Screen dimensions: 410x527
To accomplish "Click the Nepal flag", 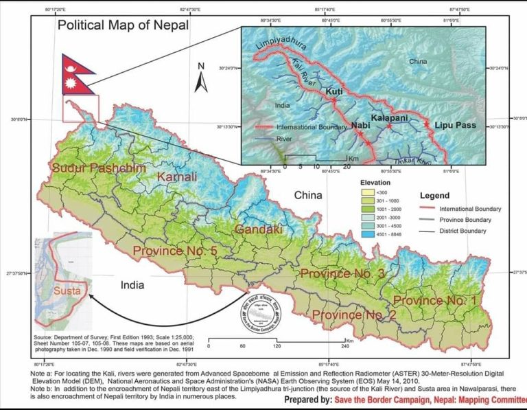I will coord(76,74).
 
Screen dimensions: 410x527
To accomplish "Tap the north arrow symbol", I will coord(201,79).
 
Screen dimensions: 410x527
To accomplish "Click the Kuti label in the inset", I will coord(334,91).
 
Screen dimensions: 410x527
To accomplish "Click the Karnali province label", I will coord(177,177).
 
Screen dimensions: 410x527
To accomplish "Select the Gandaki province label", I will coord(259,229).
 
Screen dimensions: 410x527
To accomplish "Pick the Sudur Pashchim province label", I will coord(98,168).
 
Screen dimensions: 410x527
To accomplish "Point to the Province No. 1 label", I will coord(437,301).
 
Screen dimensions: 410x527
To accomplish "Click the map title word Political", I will coord(82,25).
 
